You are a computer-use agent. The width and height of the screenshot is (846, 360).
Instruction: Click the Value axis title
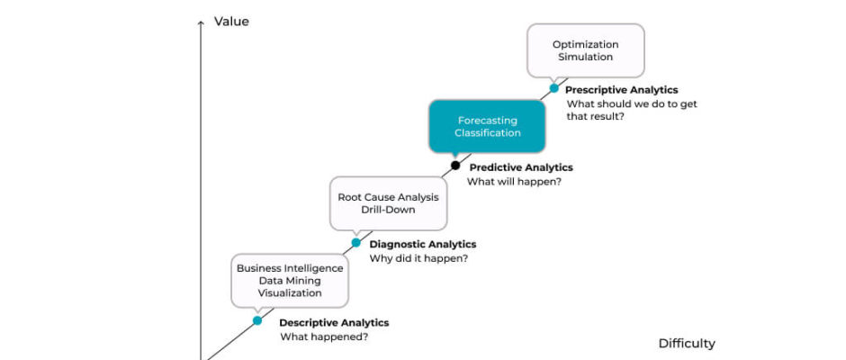(231, 22)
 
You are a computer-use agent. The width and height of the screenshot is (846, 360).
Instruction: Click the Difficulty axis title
(687, 343)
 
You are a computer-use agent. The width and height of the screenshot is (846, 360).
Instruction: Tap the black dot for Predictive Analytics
(455, 166)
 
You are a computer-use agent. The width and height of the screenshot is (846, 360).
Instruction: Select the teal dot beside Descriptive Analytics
(257, 320)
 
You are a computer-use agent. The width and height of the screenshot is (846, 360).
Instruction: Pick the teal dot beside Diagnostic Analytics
(356, 243)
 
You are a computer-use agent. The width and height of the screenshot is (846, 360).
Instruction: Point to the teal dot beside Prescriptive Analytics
(554, 88)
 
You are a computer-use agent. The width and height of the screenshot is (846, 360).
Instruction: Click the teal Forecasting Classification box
(487, 126)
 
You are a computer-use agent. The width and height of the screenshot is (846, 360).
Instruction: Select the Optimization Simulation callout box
(585, 50)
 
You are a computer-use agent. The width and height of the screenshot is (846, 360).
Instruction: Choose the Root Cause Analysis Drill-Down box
(389, 203)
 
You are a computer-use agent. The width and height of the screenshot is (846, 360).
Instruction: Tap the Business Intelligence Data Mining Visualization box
(290, 281)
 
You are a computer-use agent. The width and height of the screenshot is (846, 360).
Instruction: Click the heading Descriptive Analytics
(334, 323)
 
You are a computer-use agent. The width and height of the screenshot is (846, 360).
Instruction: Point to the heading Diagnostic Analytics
(423, 245)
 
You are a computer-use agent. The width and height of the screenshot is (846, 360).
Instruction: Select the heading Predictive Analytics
(521, 167)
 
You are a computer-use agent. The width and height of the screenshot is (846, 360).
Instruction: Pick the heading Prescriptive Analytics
(622, 90)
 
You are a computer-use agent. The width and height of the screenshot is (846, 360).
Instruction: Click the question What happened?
(324, 337)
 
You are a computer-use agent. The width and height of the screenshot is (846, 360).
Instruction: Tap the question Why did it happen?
(418, 258)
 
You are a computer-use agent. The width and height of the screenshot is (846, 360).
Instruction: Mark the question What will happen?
(514, 181)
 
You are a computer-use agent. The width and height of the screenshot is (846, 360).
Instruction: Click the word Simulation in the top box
(585, 57)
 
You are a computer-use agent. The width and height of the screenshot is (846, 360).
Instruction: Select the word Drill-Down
(389, 210)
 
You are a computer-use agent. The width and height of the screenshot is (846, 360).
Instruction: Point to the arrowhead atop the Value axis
(201, 22)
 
